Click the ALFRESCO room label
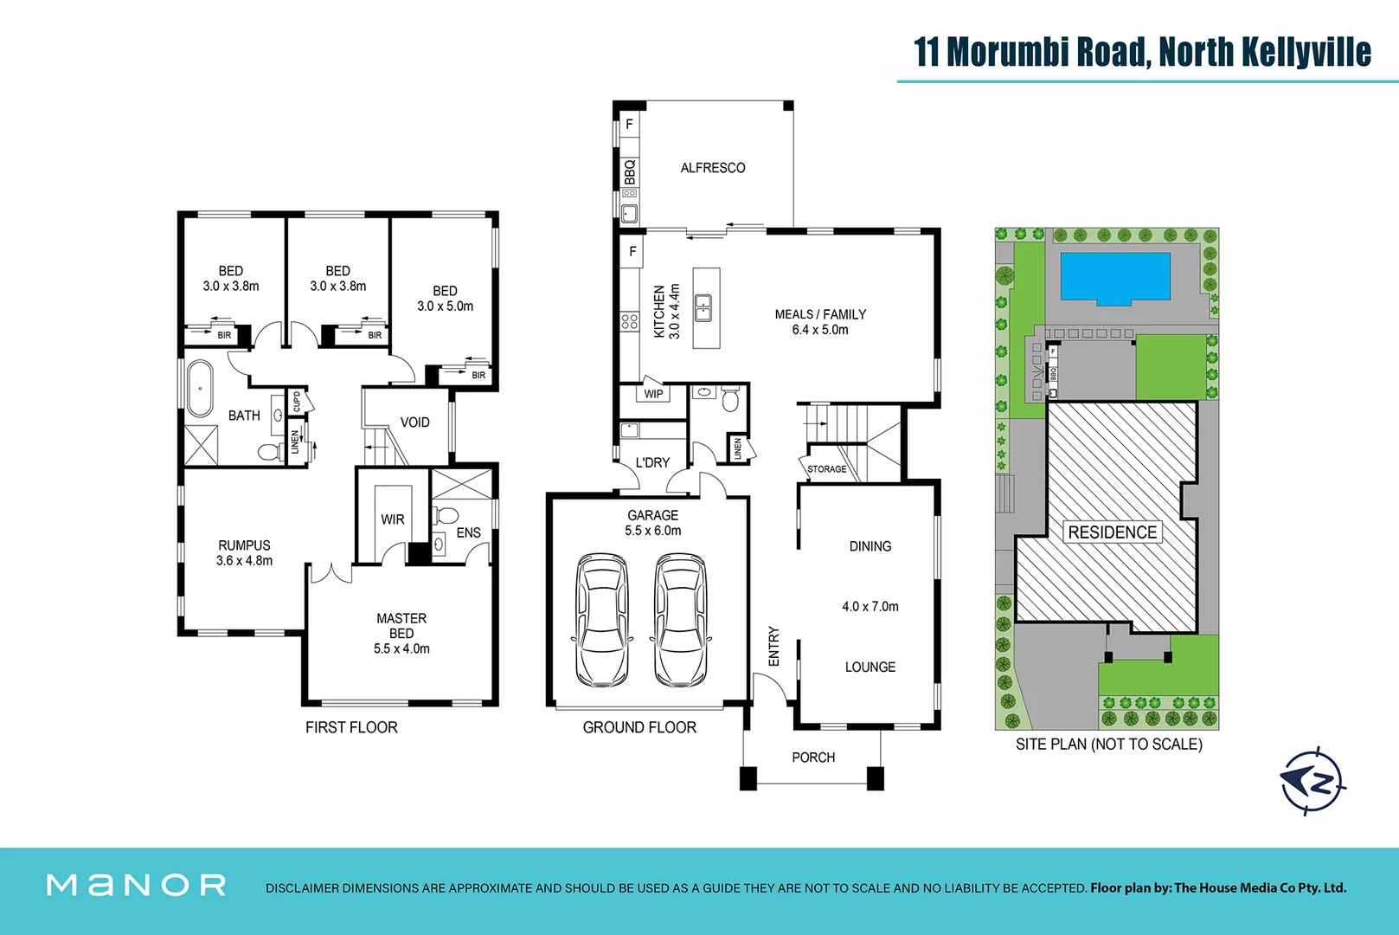(712, 168)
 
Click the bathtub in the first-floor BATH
(200, 388)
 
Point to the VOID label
(414, 422)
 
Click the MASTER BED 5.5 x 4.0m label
(401, 633)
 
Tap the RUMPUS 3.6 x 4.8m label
(244, 552)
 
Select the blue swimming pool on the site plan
(1114, 277)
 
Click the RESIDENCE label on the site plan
(1112, 532)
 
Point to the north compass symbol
(1313, 781)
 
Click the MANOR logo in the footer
(137, 885)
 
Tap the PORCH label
(813, 758)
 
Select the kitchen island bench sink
(703, 307)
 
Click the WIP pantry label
(653, 394)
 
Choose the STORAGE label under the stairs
(826, 469)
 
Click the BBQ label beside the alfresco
(630, 171)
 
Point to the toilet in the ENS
(446, 515)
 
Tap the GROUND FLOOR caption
(639, 727)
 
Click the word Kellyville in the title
(1306, 52)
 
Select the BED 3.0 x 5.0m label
(445, 299)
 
